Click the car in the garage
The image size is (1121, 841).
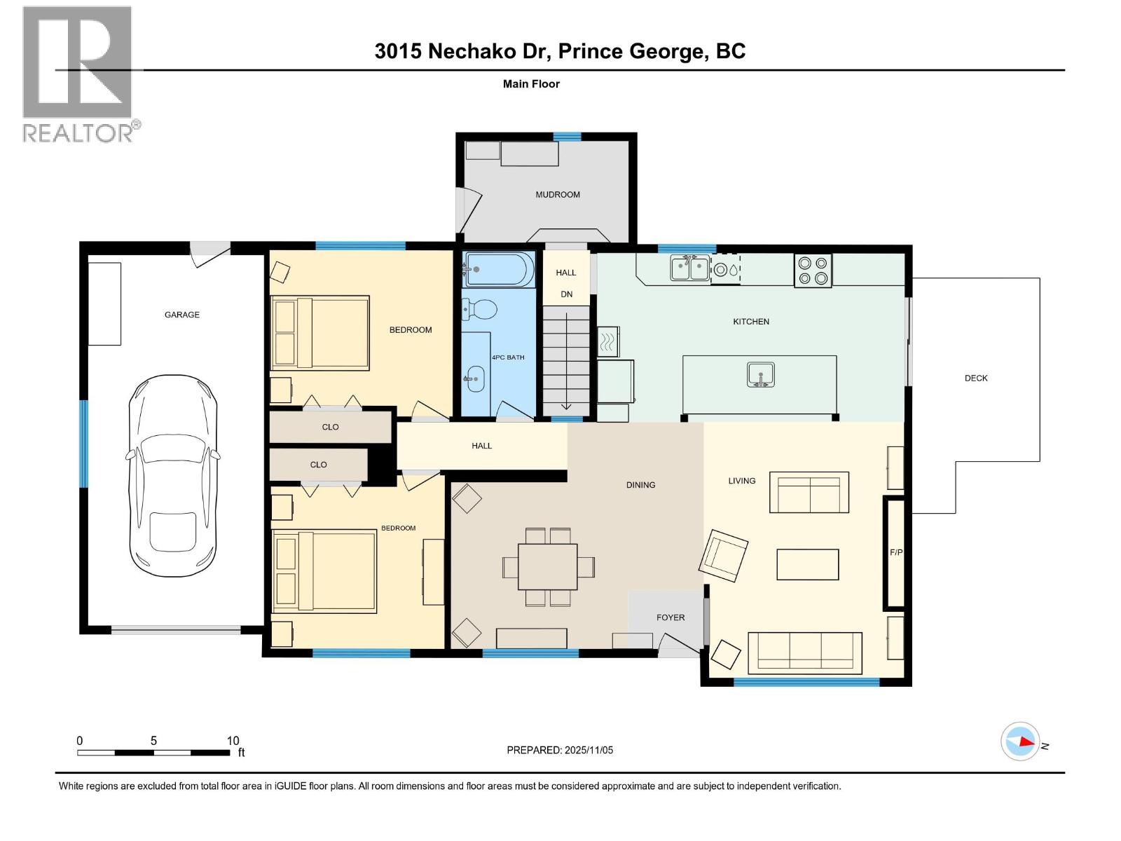click(x=172, y=477)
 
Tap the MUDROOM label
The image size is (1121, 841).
click(x=558, y=195)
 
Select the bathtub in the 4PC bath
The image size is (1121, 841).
click(x=498, y=270)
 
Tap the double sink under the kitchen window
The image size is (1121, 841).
click(x=689, y=268)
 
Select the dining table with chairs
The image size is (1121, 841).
click(x=548, y=566)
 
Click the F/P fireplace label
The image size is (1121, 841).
click(x=896, y=552)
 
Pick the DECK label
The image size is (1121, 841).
click(x=975, y=378)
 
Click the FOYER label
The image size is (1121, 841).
click(x=670, y=617)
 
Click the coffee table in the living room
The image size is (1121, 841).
click(x=807, y=564)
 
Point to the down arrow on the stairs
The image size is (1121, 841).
click(x=566, y=404)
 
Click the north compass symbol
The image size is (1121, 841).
click(x=1020, y=741)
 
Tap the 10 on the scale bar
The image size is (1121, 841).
click(x=233, y=741)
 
